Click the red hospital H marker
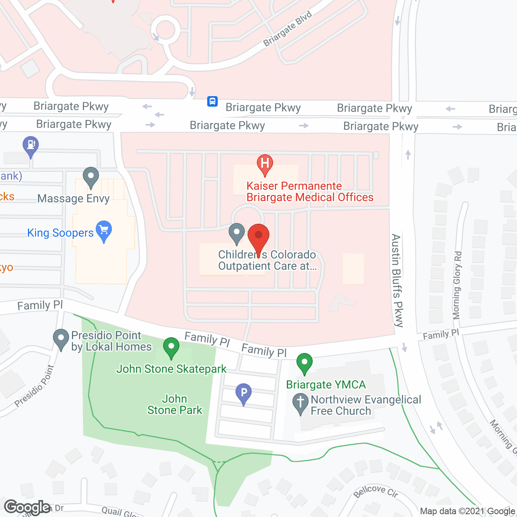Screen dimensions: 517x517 (265, 164)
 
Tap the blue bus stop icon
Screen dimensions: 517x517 (212, 101)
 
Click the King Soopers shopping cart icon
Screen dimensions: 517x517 (104, 230)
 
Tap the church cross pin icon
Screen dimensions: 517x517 (301, 403)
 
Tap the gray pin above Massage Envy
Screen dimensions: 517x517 (91, 177)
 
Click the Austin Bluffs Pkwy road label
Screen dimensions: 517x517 (397, 280)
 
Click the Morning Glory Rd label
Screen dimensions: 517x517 (457, 285)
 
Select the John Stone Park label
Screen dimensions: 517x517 (174, 404)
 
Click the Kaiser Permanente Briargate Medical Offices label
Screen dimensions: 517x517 (310, 191)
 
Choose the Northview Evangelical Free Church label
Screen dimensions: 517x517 (366, 405)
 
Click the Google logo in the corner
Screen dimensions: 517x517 (27, 507)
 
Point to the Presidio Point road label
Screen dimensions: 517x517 (34, 386)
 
